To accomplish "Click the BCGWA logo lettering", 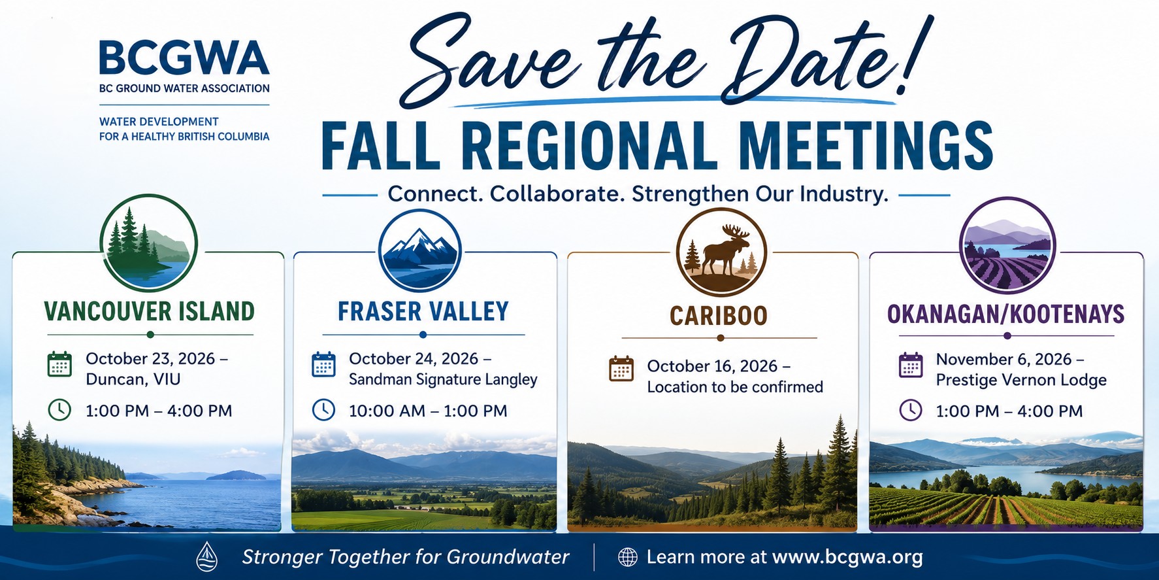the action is point(184,58).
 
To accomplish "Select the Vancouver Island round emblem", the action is point(150,243).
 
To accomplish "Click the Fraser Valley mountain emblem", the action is point(420,250).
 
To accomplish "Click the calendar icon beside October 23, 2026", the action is point(59,364).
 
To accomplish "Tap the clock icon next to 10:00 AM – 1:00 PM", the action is point(323,410).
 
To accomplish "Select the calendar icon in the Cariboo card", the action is point(621,369).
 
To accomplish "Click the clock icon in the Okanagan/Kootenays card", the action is point(911,410).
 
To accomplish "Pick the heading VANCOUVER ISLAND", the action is point(150,311).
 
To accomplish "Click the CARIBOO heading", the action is point(719,316).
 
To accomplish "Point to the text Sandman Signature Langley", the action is point(443,380).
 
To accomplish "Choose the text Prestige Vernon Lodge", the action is point(1021,380).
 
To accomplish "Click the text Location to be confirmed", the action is point(735,387).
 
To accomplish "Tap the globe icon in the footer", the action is point(628,557).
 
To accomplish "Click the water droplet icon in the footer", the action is point(207,556).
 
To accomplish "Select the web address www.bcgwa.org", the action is point(847,557).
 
